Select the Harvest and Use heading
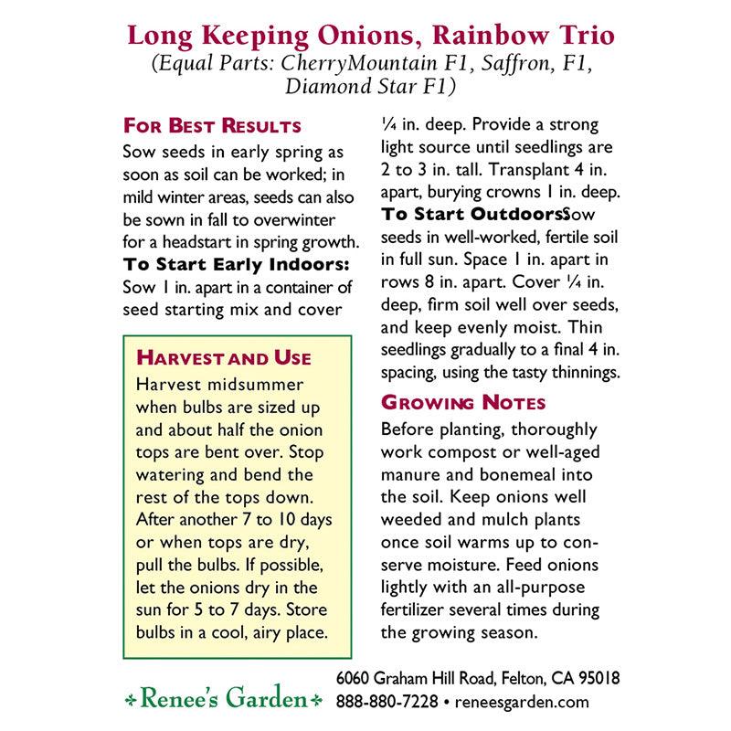pos(223,357)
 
